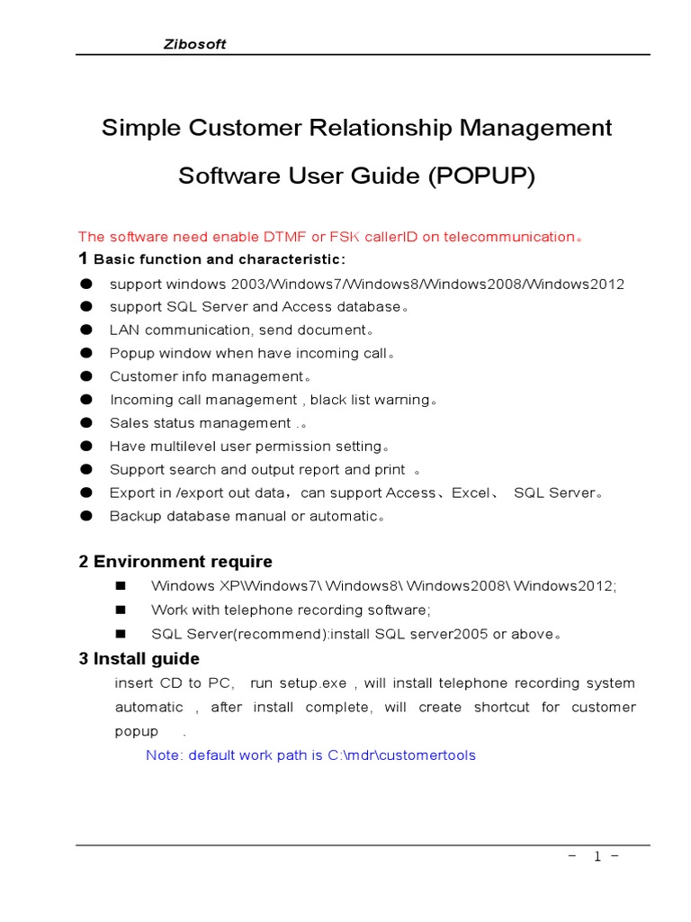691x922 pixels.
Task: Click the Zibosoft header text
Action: click(194, 44)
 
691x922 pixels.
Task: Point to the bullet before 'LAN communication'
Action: click(86, 330)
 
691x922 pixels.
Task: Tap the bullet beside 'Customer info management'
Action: click(86, 376)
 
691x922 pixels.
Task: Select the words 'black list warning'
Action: click(369, 400)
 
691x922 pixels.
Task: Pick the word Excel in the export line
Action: click(470, 493)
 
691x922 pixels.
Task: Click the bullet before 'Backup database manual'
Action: click(86, 517)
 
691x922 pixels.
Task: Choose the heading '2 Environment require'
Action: click(175, 562)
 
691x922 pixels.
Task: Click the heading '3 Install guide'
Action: click(139, 658)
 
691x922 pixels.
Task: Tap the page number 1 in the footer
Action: click(596, 857)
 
